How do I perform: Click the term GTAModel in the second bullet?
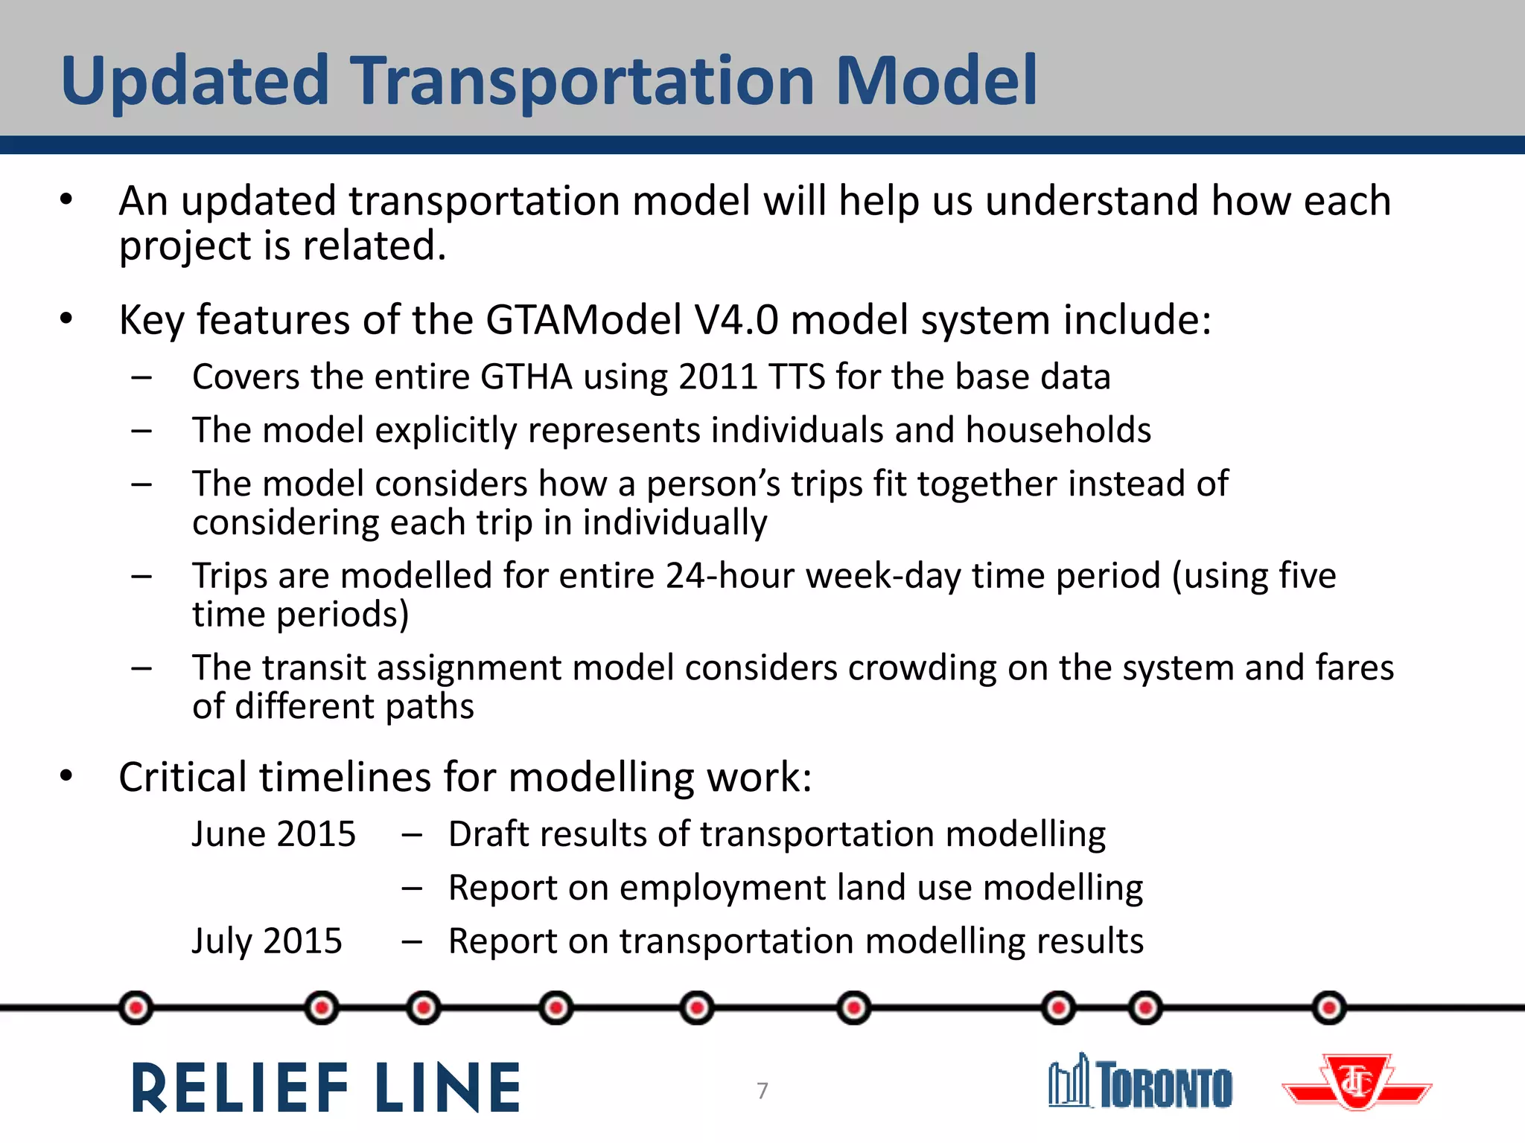pyautogui.click(x=584, y=320)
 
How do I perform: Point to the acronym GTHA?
pyautogui.click(x=526, y=377)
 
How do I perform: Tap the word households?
pyautogui.click(x=1058, y=430)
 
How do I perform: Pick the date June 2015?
pyautogui.click(x=274, y=834)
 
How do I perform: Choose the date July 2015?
pyautogui.click(x=267, y=941)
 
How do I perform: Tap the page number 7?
pyautogui.click(x=762, y=1090)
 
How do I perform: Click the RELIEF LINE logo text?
pyautogui.click(x=326, y=1088)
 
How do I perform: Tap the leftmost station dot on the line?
pyautogui.click(x=136, y=1008)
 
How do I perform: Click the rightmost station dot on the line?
pyautogui.click(x=1329, y=1008)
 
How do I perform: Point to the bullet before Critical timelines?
pyautogui.click(x=67, y=776)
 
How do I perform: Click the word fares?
pyautogui.click(x=1354, y=668)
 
